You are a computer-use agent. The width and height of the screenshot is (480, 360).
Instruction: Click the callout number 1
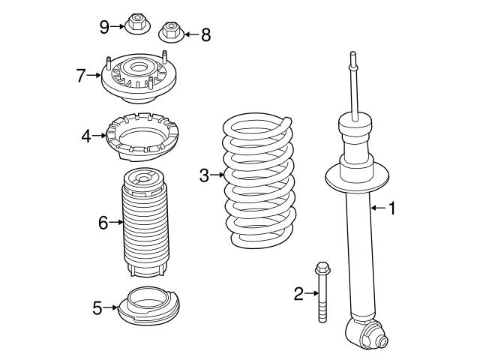pyautogui.click(x=391, y=208)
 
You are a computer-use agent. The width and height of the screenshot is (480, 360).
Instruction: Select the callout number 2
pyautogui.click(x=298, y=294)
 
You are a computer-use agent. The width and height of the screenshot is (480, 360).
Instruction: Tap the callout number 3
pyautogui.click(x=204, y=175)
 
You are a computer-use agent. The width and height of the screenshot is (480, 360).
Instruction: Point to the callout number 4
pyautogui.click(x=86, y=136)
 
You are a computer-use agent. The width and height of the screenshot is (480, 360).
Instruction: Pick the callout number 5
pyautogui.click(x=97, y=307)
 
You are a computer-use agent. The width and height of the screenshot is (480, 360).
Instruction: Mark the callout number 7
pyautogui.click(x=82, y=74)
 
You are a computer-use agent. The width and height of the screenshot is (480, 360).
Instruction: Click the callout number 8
pyautogui.click(x=205, y=34)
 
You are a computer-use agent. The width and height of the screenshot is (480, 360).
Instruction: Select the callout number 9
pyautogui.click(x=104, y=27)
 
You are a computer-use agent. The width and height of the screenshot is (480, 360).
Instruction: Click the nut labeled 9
pyautogui.click(x=138, y=25)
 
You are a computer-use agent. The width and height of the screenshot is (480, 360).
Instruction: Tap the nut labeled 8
pyautogui.click(x=171, y=32)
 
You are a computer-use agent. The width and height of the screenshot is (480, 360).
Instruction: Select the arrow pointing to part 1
pyautogui.click(x=376, y=208)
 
